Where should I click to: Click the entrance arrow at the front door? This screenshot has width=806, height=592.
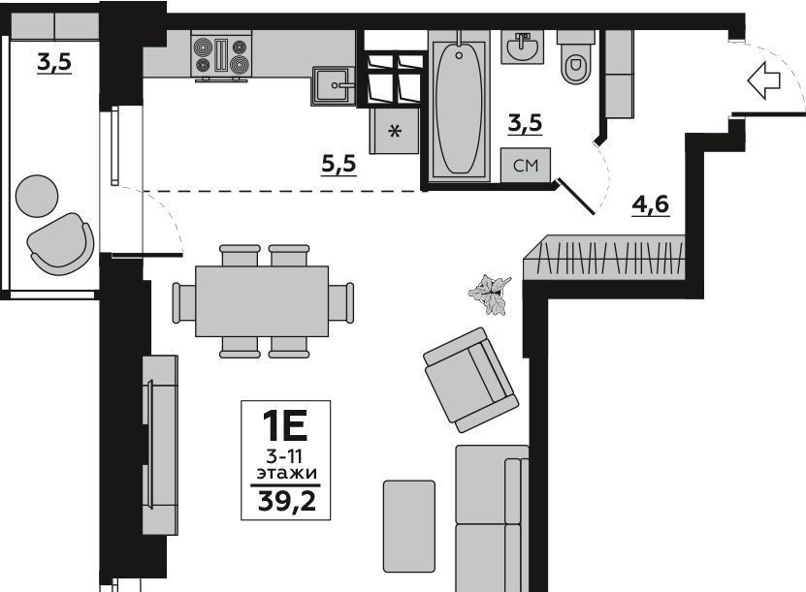coord(764,80)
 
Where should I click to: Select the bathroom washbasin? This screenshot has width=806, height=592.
coord(522,47)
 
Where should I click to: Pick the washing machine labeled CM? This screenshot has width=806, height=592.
coord(526,165)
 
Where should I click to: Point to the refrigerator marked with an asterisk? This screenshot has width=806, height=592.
coord(394,131)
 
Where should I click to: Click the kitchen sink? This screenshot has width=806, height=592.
coord(333,85)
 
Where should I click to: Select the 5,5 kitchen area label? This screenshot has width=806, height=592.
coord(339,165)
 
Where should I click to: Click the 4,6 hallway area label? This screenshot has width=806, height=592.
coord(651,204)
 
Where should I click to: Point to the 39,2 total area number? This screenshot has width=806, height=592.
coord(286,501)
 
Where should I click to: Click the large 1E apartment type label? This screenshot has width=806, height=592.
coord(285,425)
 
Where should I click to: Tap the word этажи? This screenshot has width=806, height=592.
coord(287,473)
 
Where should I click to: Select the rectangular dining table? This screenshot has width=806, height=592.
coord(262,301)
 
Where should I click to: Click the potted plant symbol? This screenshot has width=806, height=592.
coord(490,295)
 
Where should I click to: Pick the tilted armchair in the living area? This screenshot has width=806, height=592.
coord(470,380)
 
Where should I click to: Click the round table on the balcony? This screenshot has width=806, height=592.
coord(37,196)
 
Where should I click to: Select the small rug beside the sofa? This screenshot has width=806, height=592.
coord(409,526)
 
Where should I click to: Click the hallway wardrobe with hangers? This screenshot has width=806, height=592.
coord(605,258)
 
